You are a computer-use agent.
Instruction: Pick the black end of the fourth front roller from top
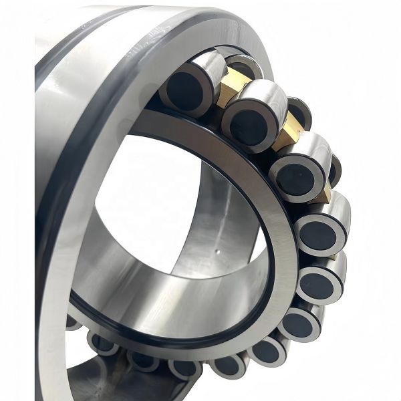pyautogui.click(x=316, y=235)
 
